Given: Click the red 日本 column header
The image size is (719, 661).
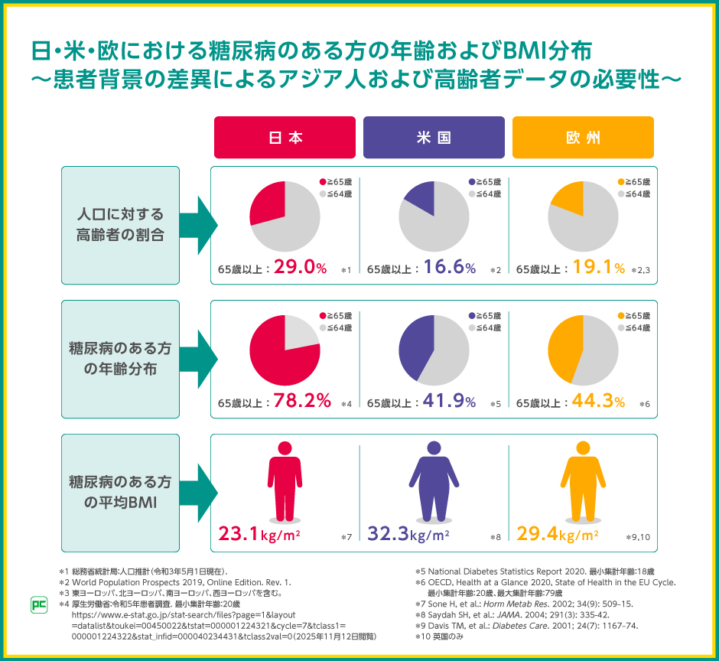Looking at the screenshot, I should point(285,138).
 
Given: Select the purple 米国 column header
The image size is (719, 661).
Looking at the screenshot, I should point(434,138).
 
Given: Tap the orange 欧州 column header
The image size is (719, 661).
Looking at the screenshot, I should point(583,138).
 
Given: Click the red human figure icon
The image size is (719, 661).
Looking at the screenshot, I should point(285,483).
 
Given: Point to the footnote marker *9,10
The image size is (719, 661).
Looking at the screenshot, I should point(637,537).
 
